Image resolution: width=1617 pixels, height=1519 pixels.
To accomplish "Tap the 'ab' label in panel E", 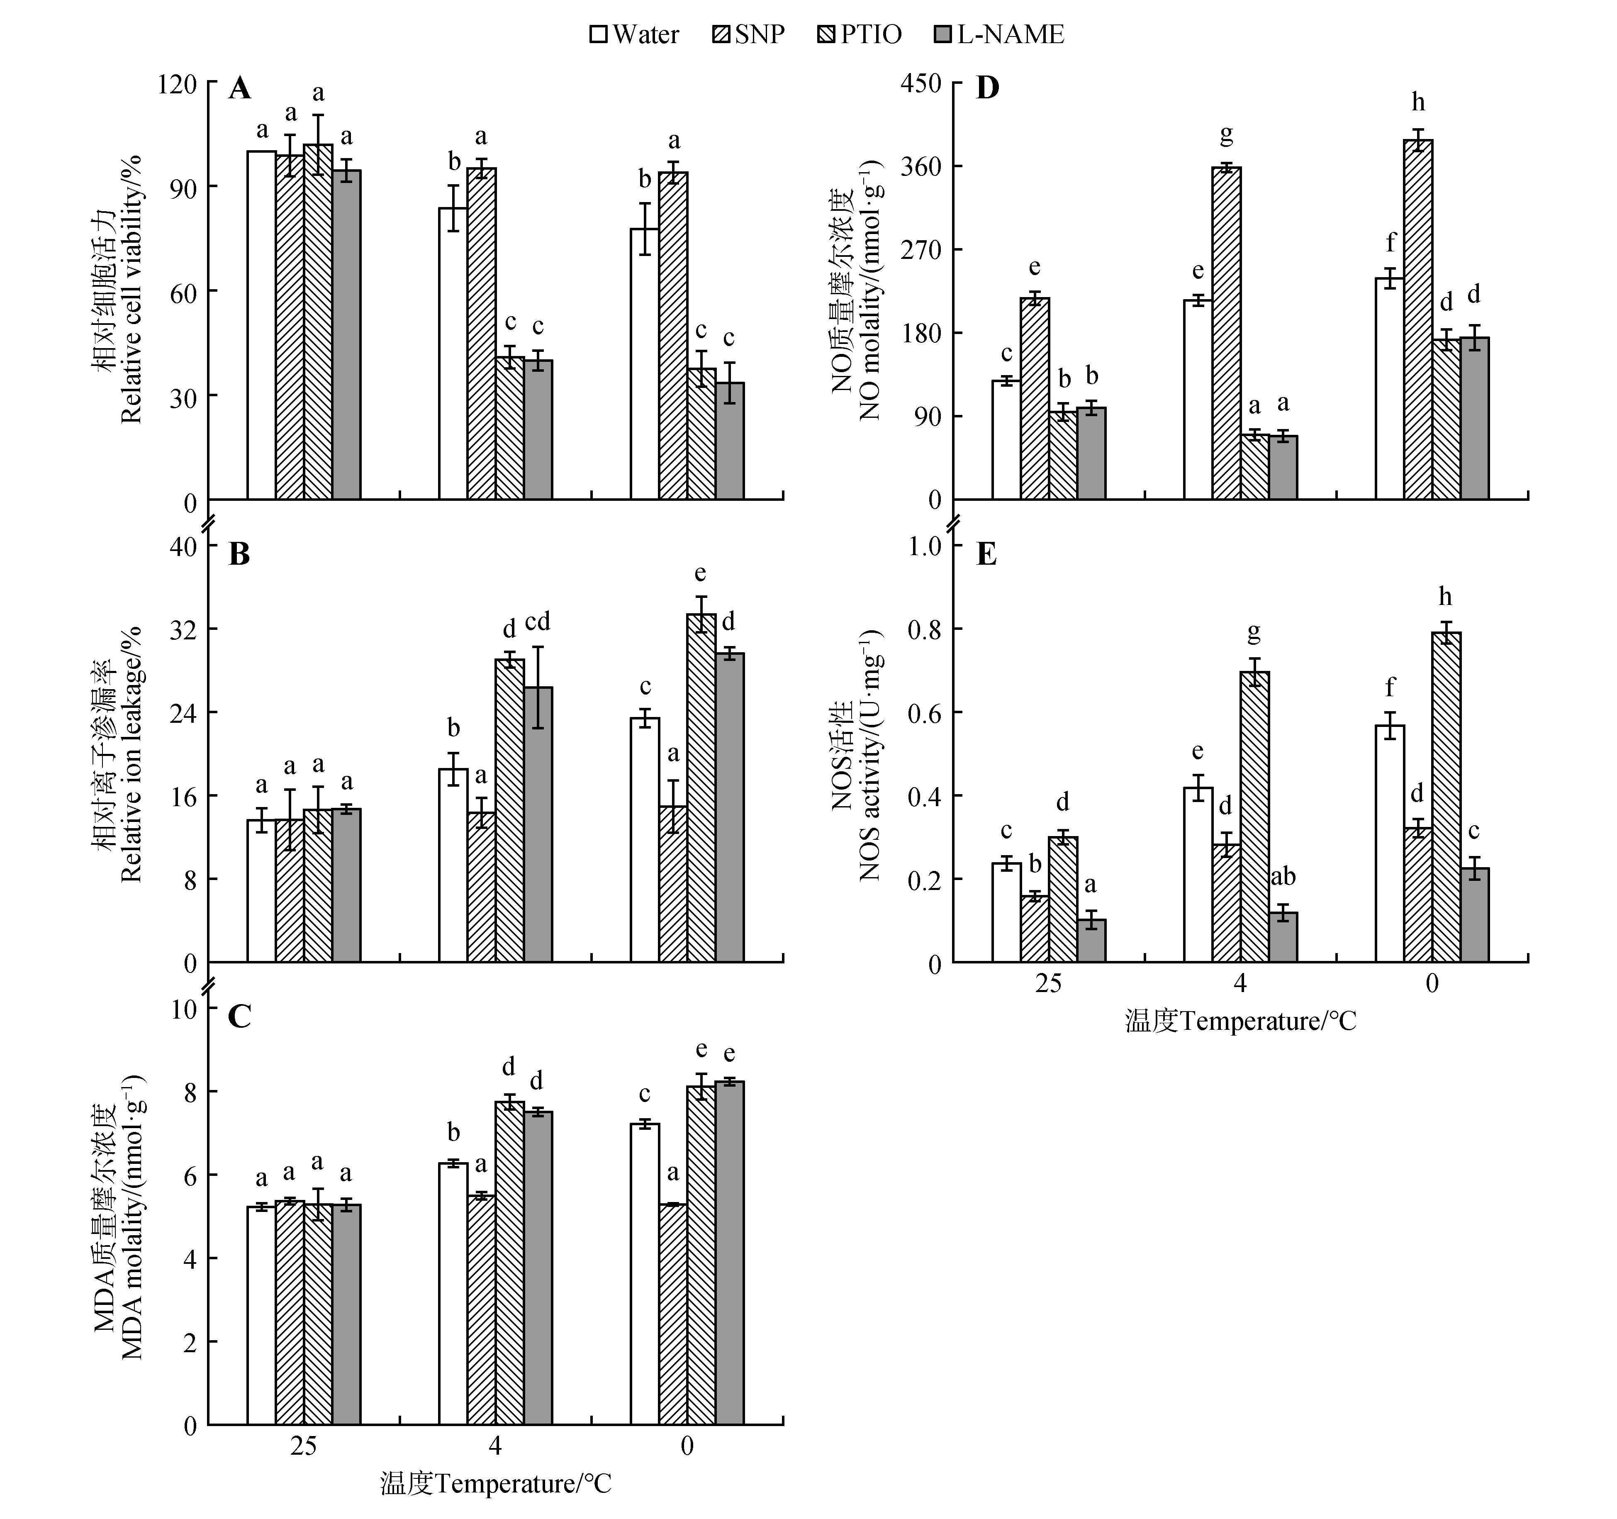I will (x=1283, y=877).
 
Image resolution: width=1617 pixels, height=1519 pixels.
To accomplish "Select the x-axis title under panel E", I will (x=1240, y=1021).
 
